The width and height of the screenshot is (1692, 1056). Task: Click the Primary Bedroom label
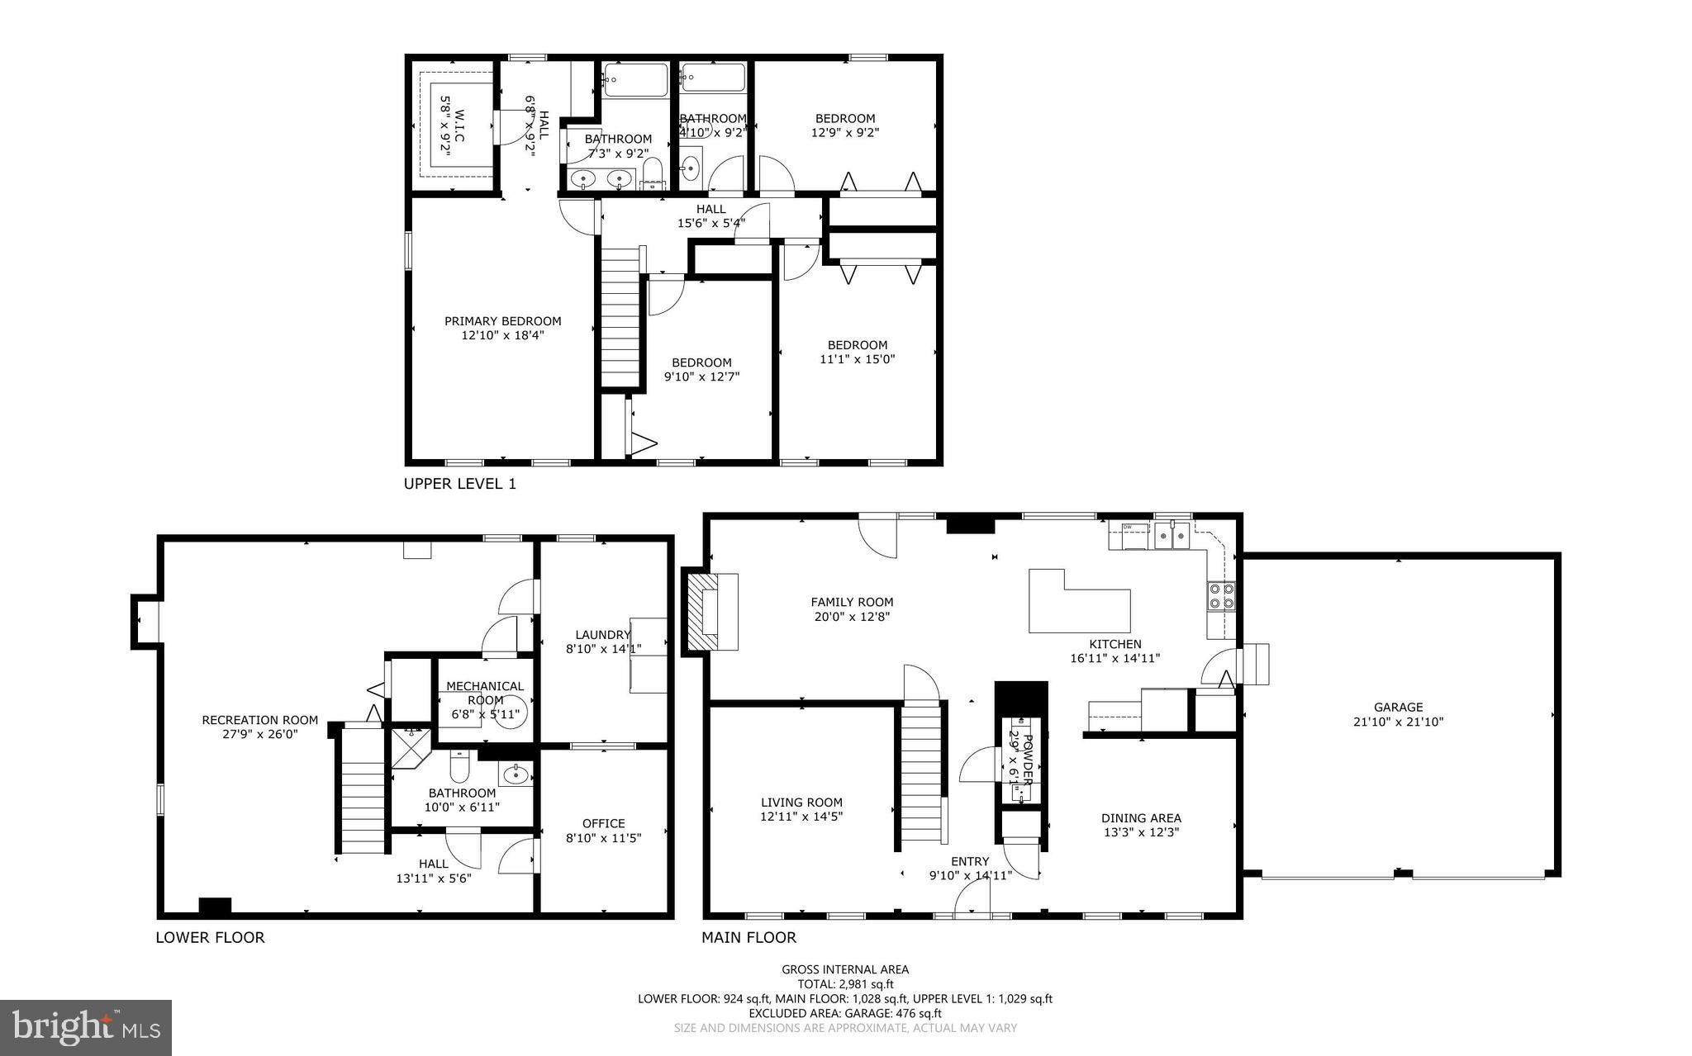point(502,321)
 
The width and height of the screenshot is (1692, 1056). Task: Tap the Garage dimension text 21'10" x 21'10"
point(1398,722)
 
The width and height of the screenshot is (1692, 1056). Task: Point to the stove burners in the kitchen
point(1221,595)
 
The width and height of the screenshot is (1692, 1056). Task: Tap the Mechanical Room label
point(485,693)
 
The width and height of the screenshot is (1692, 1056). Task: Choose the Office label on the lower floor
point(603,823)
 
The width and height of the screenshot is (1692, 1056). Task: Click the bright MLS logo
point(85,1026)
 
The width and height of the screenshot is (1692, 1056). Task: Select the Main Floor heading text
point(749,937)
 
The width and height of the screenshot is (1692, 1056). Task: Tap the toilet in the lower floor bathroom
point(460,768)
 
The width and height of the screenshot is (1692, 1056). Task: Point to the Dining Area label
point(1141,818)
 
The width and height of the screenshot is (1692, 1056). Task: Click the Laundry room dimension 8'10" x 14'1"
point(603,649)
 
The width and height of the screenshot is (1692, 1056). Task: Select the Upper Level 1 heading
point(459,484)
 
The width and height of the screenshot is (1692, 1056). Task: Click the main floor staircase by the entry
point(920,772)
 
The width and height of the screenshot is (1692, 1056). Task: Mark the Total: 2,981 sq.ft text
point(845,984)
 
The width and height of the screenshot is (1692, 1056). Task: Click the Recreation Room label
point(259,720)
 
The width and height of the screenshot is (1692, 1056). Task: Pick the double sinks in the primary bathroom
point(601,178)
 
